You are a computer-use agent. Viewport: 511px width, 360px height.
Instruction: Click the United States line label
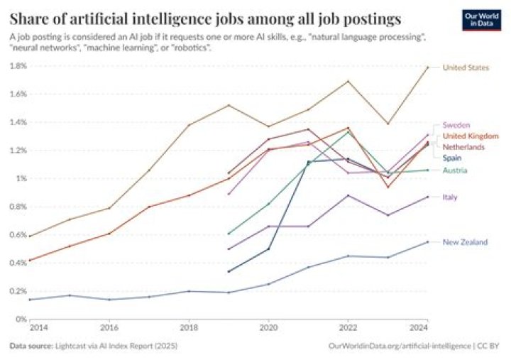466,67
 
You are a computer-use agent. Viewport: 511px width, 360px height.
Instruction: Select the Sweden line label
456,124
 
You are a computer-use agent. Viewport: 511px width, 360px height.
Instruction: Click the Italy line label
450,197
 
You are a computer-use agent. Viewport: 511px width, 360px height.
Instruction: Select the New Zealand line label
465,242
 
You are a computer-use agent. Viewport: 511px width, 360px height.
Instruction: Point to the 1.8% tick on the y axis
18,66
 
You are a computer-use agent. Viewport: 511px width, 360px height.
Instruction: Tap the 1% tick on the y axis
21,178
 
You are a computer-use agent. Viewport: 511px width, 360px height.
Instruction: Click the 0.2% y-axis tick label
18,291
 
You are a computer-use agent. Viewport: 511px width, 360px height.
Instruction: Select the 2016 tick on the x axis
109,329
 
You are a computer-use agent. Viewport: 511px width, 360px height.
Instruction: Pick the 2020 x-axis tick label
268,329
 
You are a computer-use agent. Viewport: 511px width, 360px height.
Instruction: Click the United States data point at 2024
427,67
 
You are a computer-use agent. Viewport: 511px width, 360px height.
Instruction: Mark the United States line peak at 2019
229,105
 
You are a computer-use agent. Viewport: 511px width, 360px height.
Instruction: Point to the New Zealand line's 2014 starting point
29,299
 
